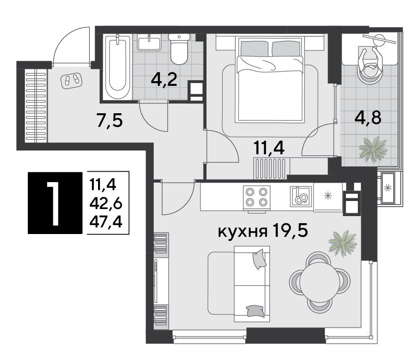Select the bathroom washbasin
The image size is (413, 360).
tap(150, 43)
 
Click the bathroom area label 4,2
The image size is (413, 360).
tap(164, 79)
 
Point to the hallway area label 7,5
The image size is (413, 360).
tap(109, 121)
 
